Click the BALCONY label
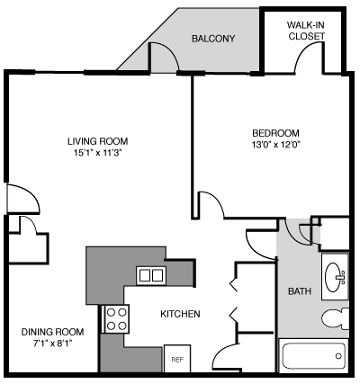[x=212, y=39]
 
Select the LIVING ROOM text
[x=96, y=141]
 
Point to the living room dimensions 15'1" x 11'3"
[x=96, y=154]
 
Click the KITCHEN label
[x=180, y=314]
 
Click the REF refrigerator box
[x=177, y=358]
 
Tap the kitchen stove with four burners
[x=117, y=316]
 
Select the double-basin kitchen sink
[x=150, y=275]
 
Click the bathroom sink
[x=336, y=273]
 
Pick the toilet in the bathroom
[x=334, y=317]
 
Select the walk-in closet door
[x=307, y=58]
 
